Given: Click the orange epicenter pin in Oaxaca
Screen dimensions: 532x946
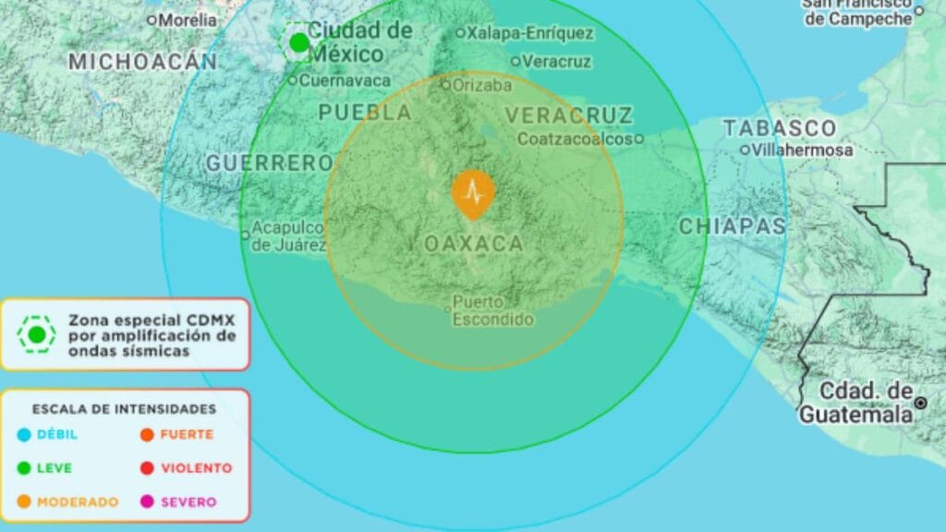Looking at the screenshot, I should coord(473,193).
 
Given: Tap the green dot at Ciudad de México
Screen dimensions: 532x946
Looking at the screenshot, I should coord(298,42).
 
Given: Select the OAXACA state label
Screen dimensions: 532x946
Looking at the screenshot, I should coord(474,245).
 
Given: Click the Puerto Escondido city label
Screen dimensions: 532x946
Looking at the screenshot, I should coord(492,311).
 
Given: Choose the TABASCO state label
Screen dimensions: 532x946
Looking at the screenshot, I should coord(779,128).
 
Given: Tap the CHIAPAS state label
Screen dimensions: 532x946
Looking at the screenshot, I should coord(733,226).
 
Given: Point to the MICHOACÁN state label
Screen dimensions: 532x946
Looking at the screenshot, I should coord(143,62).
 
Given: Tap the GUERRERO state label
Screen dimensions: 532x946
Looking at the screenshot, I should coord(269,163).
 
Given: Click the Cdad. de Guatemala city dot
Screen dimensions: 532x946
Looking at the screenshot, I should coord(920,403).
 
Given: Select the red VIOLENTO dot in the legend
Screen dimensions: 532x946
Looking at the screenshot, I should coord(147,468).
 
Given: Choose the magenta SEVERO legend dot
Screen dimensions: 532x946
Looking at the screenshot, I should coord(147,502).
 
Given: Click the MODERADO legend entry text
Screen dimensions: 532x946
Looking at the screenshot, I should coord(78,502).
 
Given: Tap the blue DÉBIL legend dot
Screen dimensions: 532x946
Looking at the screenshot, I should coord(24,435).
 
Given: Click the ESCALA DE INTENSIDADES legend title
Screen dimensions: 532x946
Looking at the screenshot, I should coord(124,408).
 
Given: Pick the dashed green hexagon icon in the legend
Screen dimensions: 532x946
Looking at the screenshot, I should coord(37,334).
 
